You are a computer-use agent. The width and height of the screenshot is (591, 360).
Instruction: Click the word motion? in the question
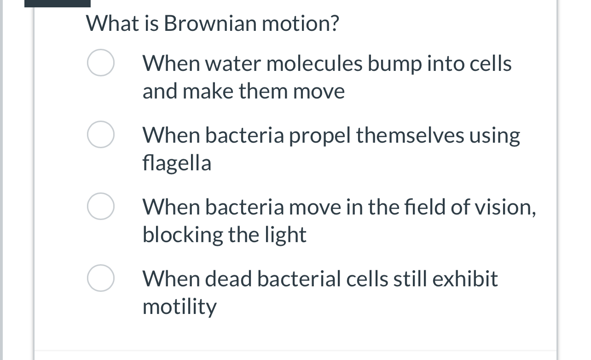[x=301, y=23]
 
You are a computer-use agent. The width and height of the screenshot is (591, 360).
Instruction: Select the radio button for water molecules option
[x=101, y=63]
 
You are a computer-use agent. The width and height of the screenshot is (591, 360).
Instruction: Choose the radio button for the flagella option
[x=101, y=135]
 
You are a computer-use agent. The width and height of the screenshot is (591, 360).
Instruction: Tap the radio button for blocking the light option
[x=101, y=207]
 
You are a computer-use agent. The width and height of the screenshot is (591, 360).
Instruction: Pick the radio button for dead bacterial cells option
[x=101, y=279]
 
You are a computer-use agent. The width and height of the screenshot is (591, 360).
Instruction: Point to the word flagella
[x=177, y=163]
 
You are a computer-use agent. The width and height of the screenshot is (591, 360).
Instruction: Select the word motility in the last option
[x=180, y=307]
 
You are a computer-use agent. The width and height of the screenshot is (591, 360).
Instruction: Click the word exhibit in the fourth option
[x=469, y=279]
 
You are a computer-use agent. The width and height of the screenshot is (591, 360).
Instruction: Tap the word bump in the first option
[x=394, y=64]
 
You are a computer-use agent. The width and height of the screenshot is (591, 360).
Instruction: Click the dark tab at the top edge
[x=58, y=3]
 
